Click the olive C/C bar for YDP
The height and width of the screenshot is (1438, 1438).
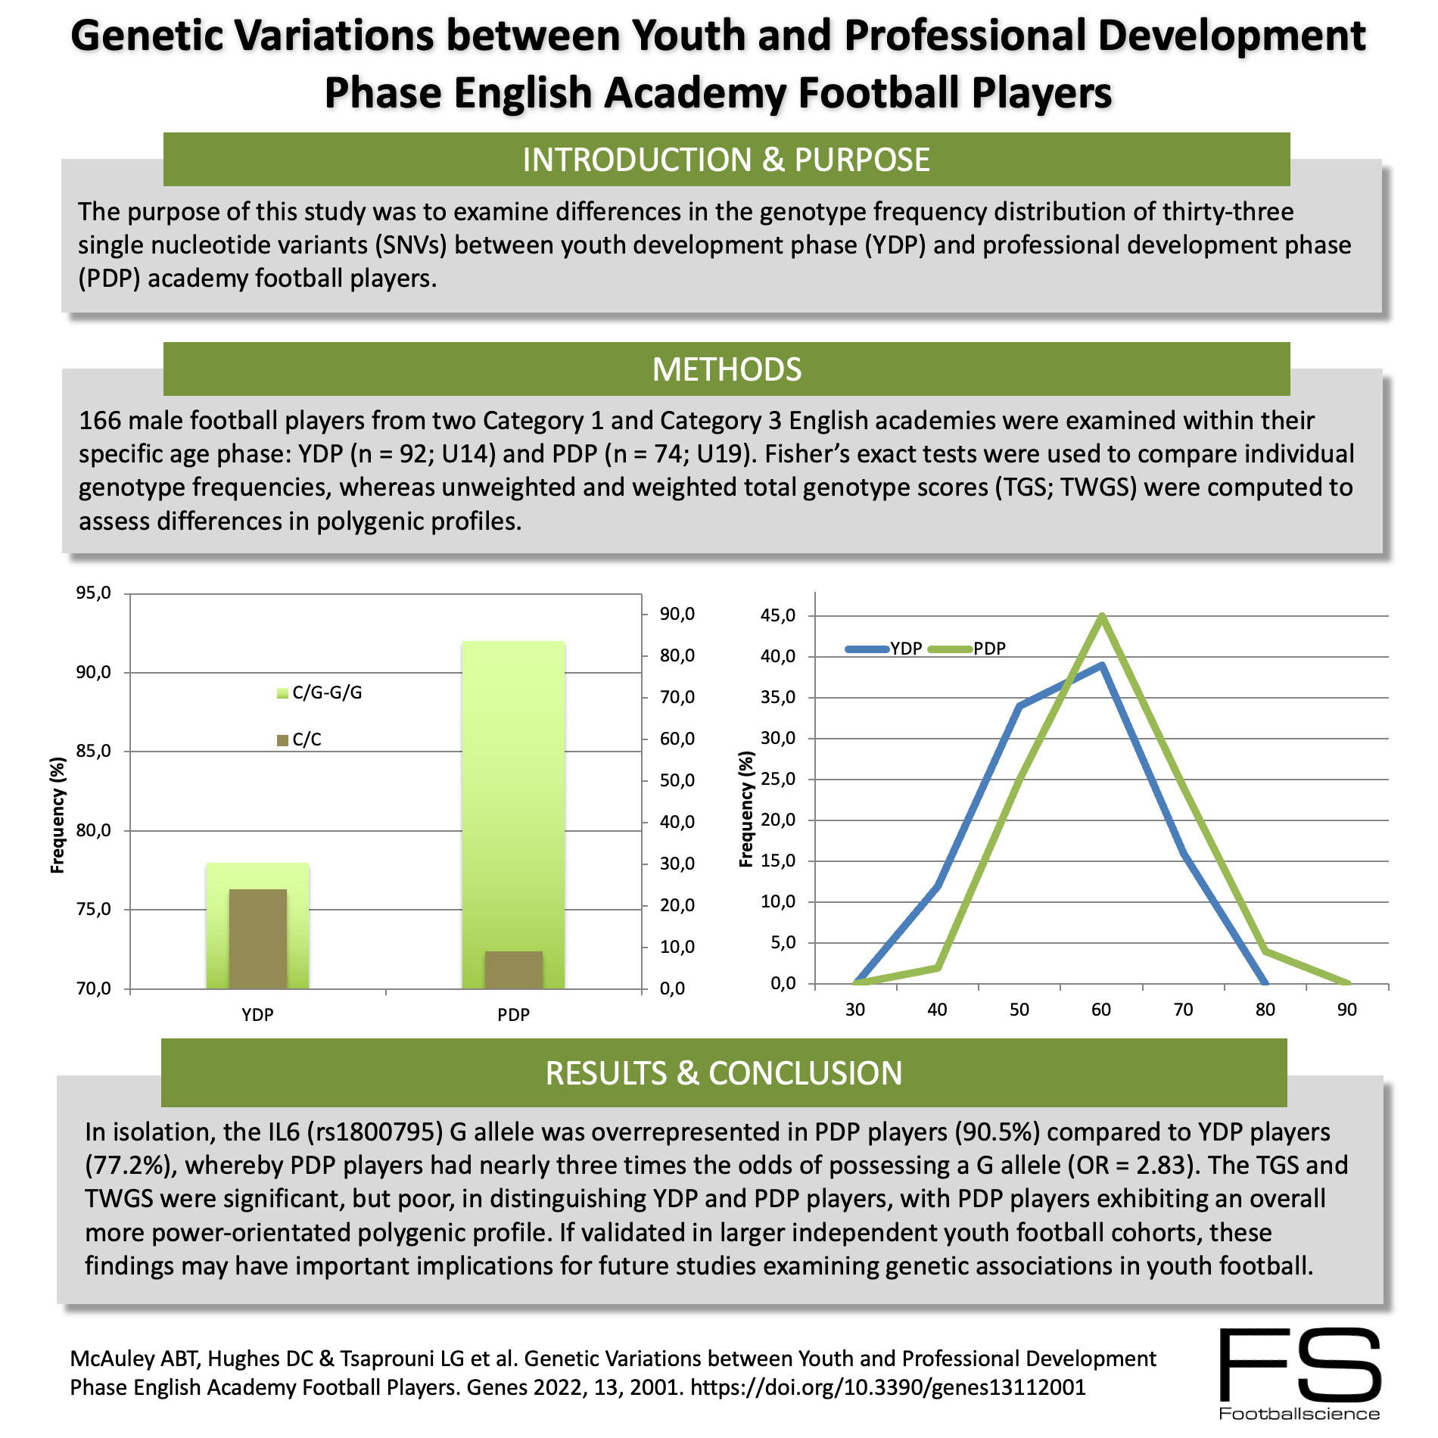257,938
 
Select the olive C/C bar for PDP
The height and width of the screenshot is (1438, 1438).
513,970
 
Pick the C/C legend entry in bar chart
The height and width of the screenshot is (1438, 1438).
300,739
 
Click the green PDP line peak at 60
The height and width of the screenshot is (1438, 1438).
1101,617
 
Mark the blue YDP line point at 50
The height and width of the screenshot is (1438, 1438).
1019,705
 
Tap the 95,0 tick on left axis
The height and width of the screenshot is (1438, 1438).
93,593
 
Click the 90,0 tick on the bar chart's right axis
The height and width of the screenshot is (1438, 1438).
677,614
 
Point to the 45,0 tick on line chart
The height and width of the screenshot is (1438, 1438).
777,615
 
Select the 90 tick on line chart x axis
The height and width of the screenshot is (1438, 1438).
1346,1010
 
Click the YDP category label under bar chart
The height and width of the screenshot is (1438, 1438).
257,1015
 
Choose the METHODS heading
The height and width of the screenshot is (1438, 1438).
727,369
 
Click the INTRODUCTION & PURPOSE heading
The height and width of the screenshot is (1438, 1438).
727,160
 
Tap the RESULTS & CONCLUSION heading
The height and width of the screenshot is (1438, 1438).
724,1073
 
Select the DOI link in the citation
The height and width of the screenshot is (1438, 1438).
888,1387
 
